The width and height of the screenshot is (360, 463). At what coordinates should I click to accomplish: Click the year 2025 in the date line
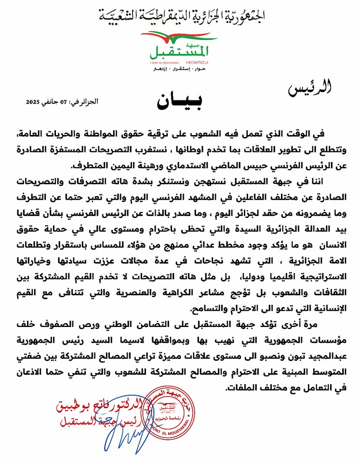(x=33, y=102)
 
